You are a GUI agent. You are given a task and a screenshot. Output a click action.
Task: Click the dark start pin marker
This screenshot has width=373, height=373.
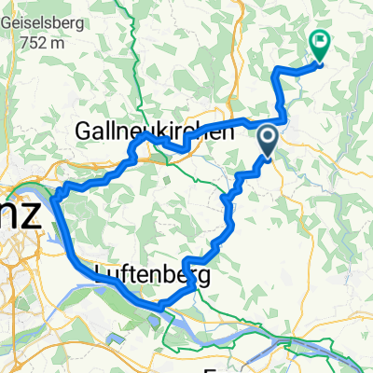pyautogui.click(x=267, y=142)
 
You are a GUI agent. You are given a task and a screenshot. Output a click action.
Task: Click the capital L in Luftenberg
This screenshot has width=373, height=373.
pyautogui.click(x=98, y=276)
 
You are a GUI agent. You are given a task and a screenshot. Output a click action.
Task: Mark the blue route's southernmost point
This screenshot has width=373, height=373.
pyautogui.click(x=159, y=305)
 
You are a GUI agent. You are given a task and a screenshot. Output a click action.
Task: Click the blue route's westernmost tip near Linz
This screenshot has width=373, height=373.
pyautogui.click(x=53, y=195)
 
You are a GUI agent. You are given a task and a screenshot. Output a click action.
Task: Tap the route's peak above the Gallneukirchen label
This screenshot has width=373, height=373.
pyautogui.click(x=146, y=134)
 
